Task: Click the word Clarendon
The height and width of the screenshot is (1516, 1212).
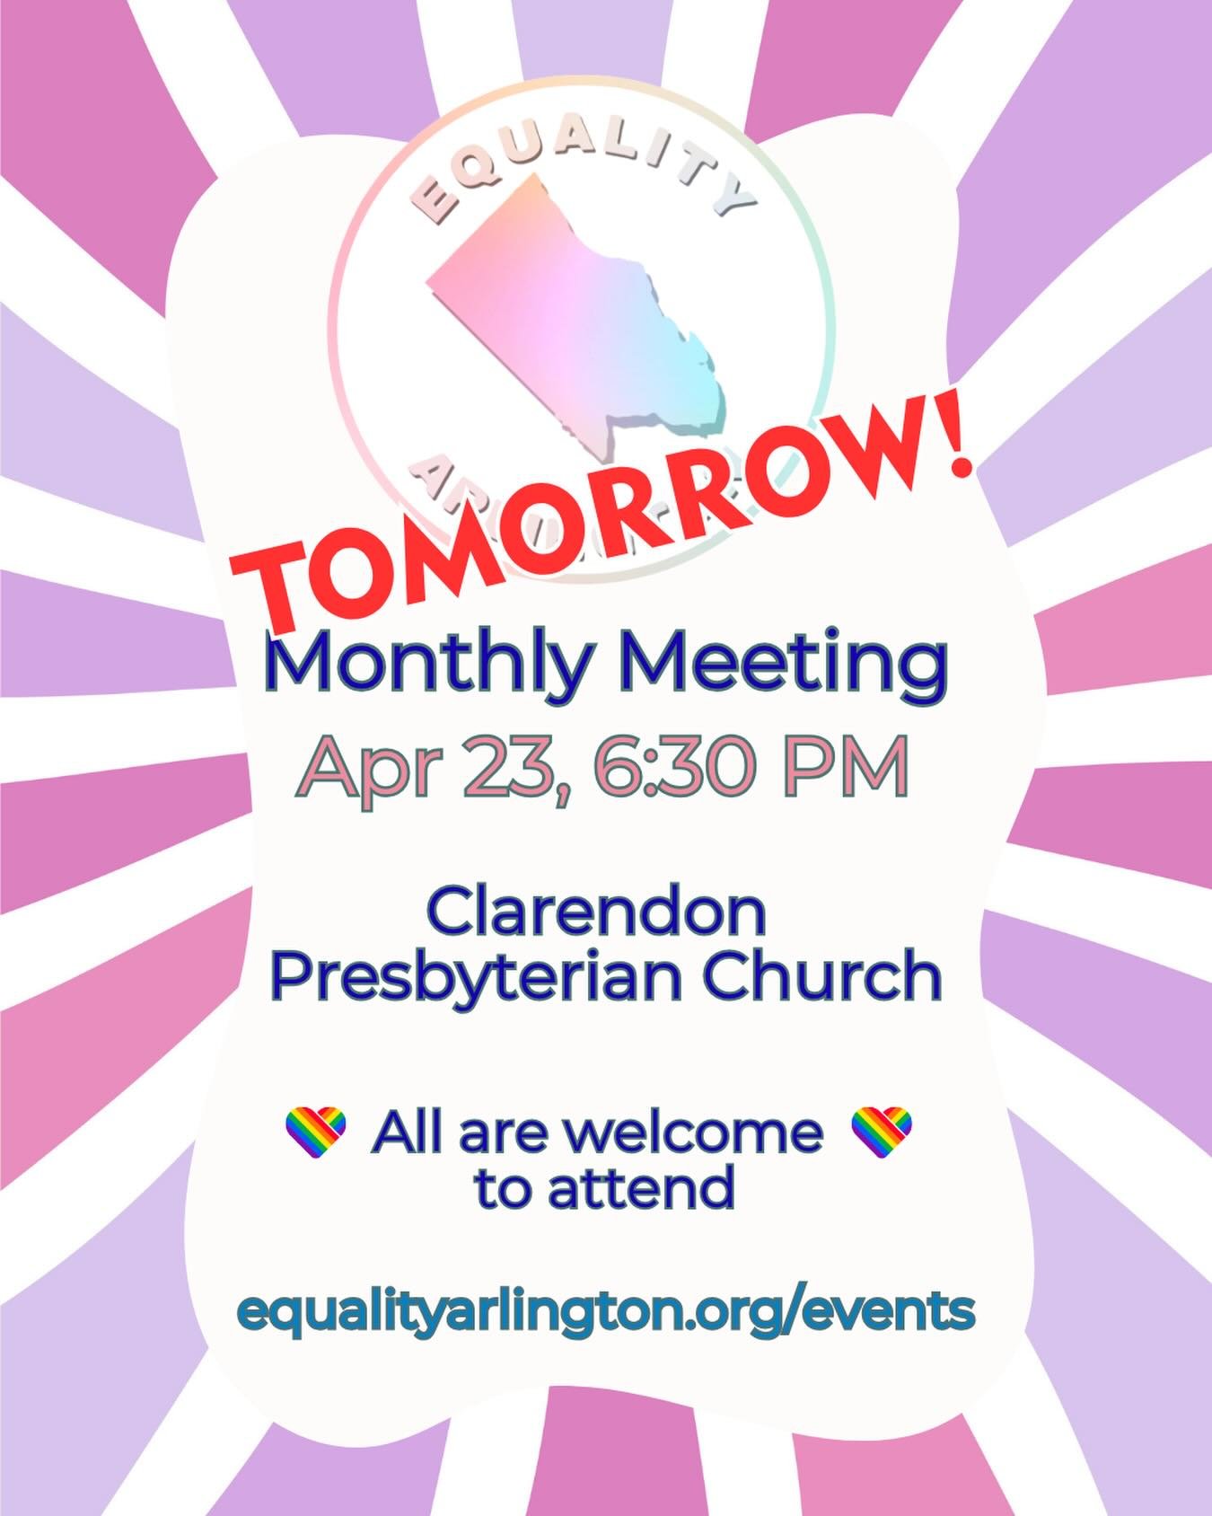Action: click(596, 912)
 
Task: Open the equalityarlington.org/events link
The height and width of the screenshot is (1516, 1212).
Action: click(606, 1311)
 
